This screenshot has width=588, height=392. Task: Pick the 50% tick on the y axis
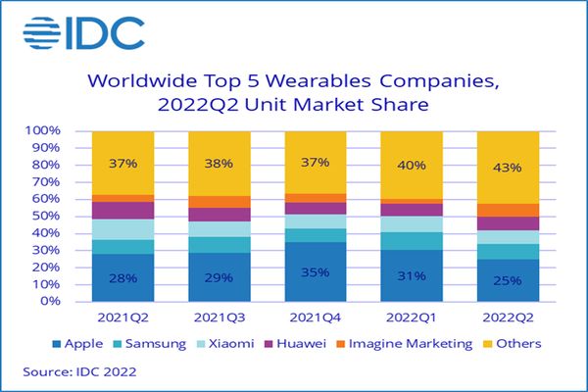[x=49, y=216]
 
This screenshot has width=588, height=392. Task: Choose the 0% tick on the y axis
[x=53, y=301]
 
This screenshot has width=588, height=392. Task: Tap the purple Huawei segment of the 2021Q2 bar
[x=123, y=210]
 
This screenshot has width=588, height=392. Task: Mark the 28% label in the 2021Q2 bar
[x=123, y=277]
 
